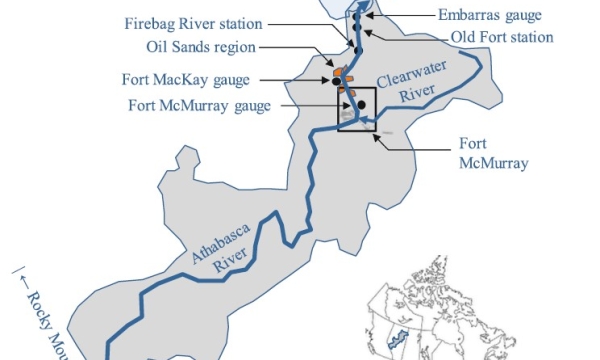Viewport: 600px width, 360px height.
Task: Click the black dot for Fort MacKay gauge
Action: pos(337,82)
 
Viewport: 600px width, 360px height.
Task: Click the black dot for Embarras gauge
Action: pos(357,16)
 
